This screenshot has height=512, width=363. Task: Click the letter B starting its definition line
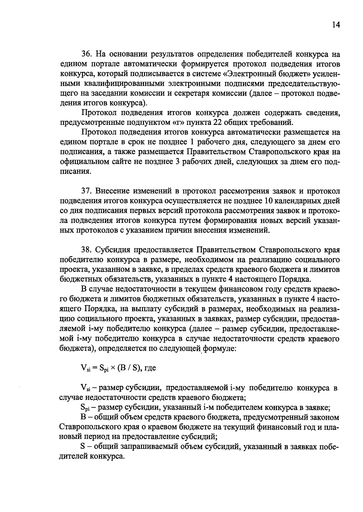coord(83,417)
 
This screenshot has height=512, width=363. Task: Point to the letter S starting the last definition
coord(83,447)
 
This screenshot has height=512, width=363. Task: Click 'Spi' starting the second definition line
coord(85,408)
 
